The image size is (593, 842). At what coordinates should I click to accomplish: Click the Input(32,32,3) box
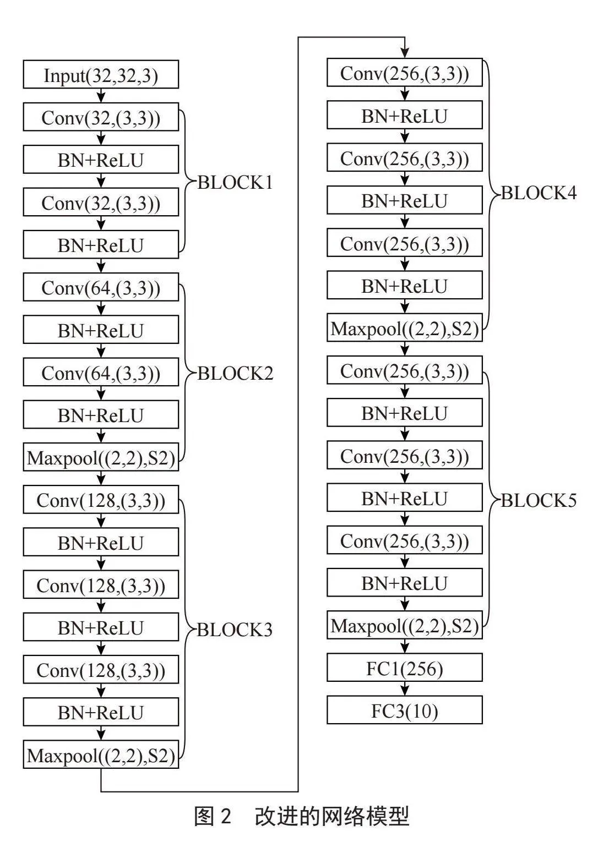tap(101, 74)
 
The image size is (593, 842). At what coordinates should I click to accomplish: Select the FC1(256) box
tap(405, 667)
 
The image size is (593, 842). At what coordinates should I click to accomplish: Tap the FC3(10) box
tap(405, 710)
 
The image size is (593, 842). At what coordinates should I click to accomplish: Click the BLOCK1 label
tap(235, 183)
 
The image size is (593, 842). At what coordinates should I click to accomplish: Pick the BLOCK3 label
tap(235, 630)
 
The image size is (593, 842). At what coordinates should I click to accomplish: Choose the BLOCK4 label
tap(539, 193)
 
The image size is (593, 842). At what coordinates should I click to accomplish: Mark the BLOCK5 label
tap(539, 501)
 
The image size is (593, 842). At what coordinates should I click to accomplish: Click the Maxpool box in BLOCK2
tap(101, 457)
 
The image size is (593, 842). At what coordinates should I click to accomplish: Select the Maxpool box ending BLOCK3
tap(101, 754)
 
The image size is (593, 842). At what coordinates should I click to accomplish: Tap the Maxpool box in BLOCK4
tap(405, 327)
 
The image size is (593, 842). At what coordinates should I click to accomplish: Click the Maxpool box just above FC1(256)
tap(405, 625)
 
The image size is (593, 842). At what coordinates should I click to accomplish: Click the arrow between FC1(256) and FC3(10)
tap(405, 688)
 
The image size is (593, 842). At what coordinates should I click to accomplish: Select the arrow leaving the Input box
tap(101, 96)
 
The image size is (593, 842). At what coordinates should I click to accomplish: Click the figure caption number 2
tap(225, 816)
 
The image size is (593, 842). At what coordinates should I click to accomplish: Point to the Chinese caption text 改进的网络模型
tap(332, 816)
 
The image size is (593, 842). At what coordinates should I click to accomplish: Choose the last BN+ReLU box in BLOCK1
tap(101, 244)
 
